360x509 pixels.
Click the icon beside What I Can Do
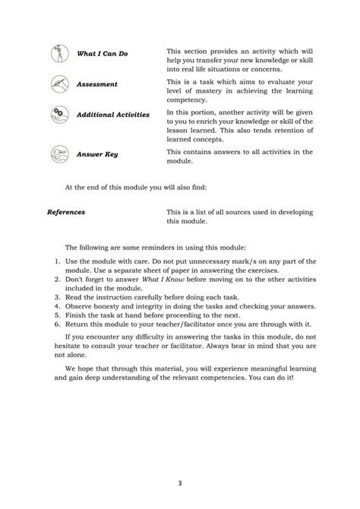pos(58,54)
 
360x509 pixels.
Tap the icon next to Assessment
pos(58,84)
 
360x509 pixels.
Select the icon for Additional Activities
pos(58,114)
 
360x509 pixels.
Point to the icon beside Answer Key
pos(58,153)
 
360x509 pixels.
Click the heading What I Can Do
pos(103,55)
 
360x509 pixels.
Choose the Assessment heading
pos(97,84)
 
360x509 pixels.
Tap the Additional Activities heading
pos(118,115)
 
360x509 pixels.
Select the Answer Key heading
pos(97,154)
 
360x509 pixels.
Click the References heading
pos(66,213)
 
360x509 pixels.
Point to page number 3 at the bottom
pos(180,482)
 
